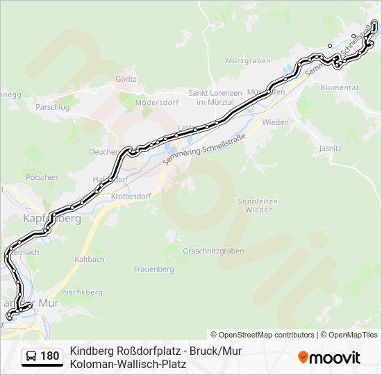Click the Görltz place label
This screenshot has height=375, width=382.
[x=126, y=79]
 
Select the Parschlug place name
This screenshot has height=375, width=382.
[x=53, y=108]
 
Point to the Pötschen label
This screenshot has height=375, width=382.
[x=42, y=177]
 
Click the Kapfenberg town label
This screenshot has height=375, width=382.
[x=52, y=218]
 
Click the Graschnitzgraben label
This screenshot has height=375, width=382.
[x=213, y=250]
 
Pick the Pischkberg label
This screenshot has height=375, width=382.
[x=78, y=292]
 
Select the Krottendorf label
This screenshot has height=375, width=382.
[x=131, y=197]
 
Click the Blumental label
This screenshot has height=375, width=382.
[x=339, y=87]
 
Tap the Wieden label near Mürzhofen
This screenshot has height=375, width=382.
[x=275, y=122]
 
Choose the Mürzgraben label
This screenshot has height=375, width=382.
[x=248, y=60]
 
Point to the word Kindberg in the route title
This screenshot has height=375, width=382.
[x=91, y=351]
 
